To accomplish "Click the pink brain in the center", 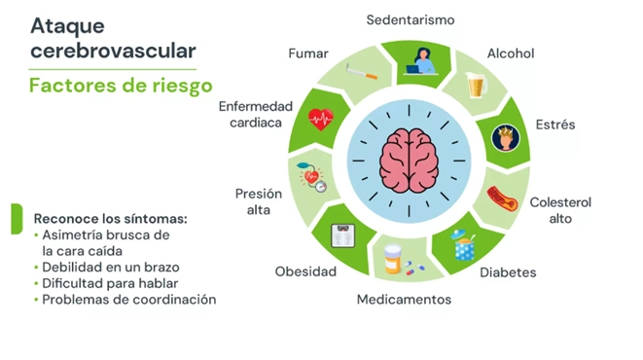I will (x=410, y=158).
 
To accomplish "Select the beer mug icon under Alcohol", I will (x=476, y=86).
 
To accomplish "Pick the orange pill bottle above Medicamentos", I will (x=393, y=260).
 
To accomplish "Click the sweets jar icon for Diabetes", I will (x=464, y=244).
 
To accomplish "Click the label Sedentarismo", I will (x=410, y=19).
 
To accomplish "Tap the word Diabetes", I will (x=508, y=272).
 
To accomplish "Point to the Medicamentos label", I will (x=404, y=299).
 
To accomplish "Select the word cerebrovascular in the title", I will (x=112, y=49).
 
